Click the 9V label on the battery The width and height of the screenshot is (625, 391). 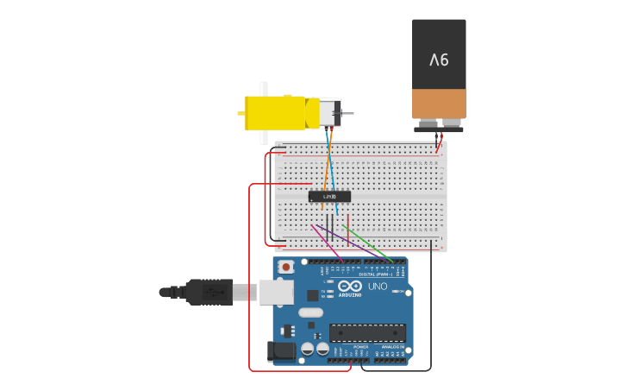[x=439, y=60]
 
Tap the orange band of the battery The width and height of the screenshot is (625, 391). [x=439, y=104]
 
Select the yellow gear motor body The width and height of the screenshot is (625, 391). [x=275, y=113]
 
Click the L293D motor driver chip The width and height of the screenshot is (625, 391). [x=329, y=197]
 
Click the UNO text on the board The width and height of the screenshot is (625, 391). [x=378, y=287]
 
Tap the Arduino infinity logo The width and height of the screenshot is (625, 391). [x=351, y=286]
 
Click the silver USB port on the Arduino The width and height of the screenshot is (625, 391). [x=276, y=293]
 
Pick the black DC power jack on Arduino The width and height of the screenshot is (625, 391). [x=280, y=350]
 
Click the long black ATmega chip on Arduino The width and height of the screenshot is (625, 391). [x=367, y=332]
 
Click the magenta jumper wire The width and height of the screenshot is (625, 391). [x=327, y=243]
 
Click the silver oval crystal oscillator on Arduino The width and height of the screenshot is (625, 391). [x=310, y=312]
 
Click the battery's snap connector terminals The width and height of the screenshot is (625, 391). [x=439, y=127]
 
